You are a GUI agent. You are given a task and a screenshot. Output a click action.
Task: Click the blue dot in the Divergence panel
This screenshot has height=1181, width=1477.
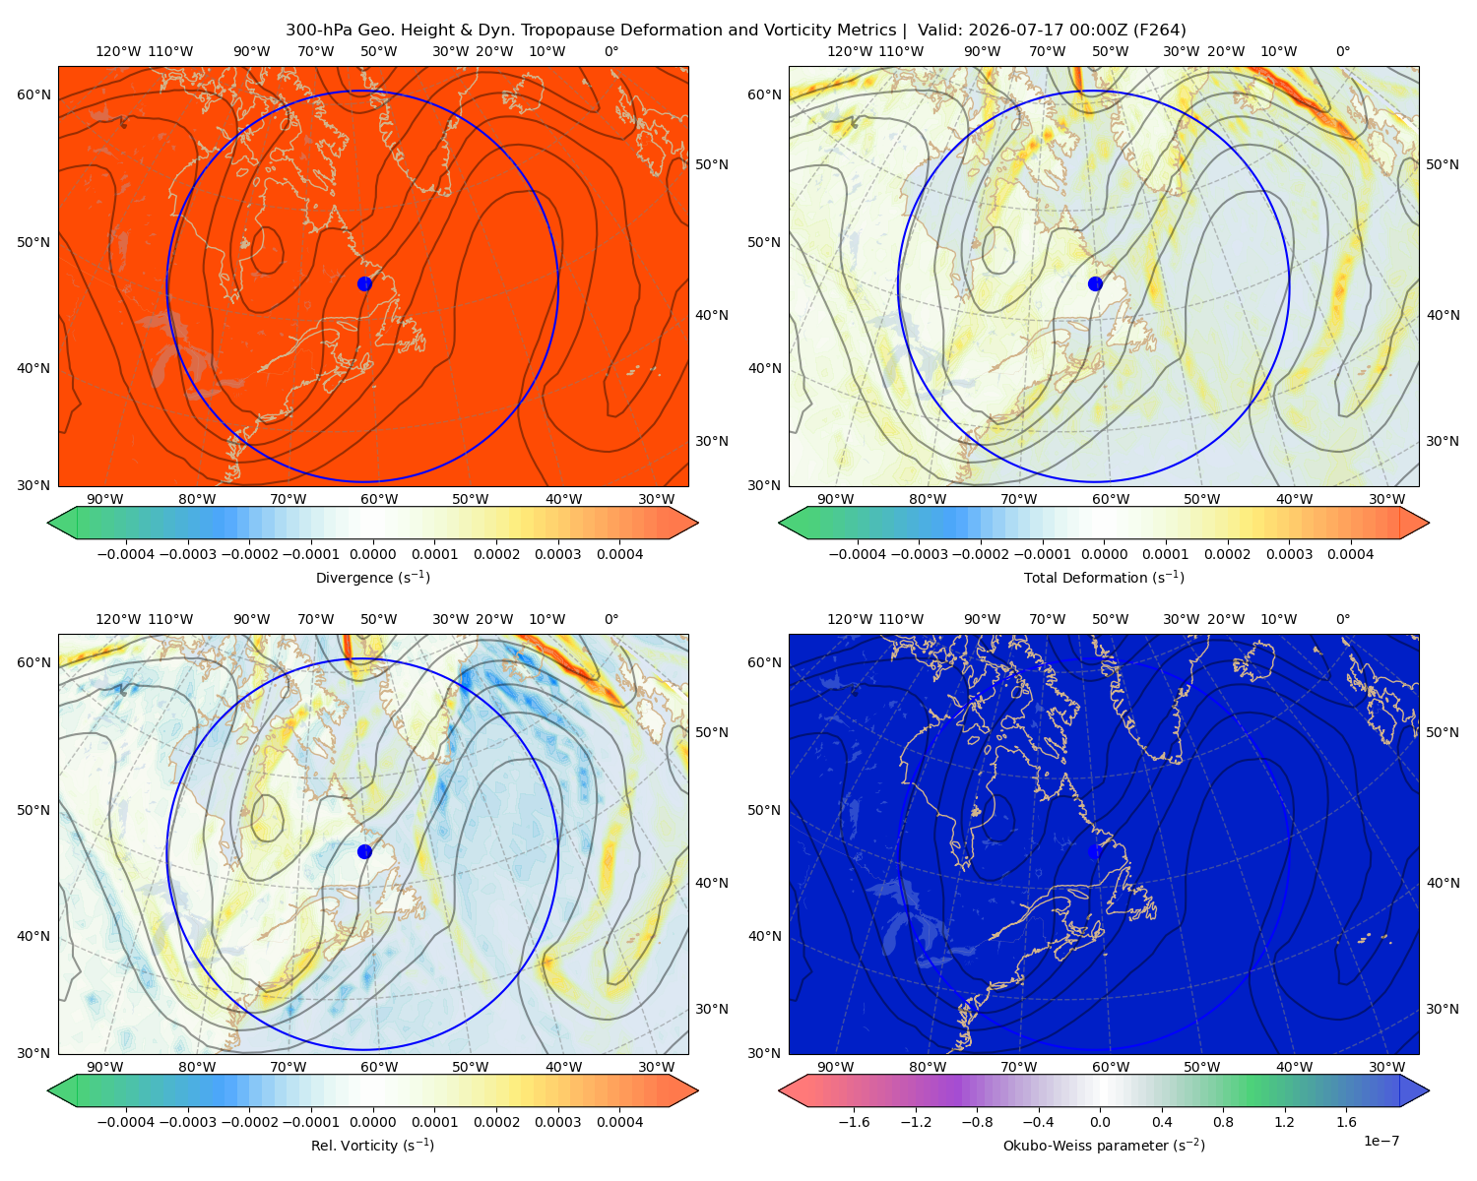point(364,283)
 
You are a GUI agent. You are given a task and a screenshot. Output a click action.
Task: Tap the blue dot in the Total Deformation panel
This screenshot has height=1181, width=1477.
point(1095,283)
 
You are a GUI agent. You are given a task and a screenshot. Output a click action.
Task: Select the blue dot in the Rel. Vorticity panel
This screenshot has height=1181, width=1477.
point(364,851)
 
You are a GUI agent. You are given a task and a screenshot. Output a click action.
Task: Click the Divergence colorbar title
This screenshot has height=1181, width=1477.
point(372,577)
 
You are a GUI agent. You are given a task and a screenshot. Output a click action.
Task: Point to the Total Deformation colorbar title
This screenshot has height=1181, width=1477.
point(1104,577)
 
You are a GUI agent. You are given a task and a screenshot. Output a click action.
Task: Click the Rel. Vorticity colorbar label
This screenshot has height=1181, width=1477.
point(372,1145)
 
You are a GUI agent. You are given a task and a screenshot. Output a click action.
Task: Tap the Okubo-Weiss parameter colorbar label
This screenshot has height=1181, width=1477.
point(1104,1145)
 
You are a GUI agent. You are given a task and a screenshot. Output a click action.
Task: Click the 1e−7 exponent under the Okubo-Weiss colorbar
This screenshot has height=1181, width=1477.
point(1381,1141)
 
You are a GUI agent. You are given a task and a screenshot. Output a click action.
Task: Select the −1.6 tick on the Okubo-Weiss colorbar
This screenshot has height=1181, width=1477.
point(854,1121)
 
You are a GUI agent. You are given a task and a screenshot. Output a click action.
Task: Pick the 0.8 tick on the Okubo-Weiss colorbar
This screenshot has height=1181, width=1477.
point(1223,1121)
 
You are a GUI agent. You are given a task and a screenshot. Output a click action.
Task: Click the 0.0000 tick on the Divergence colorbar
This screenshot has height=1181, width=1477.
point(372,554)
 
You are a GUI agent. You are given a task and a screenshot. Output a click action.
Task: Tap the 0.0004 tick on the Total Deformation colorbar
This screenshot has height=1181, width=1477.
point(1350,554)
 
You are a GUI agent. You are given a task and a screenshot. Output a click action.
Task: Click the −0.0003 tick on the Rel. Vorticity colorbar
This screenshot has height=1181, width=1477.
point(187,1121)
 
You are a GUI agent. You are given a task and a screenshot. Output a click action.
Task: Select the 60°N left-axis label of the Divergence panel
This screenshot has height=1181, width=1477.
point(33,94)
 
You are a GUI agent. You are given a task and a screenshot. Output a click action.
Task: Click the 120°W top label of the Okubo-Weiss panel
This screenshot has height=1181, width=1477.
point(849,619)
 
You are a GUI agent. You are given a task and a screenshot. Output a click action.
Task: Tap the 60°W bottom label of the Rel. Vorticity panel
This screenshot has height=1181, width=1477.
point(379,1067)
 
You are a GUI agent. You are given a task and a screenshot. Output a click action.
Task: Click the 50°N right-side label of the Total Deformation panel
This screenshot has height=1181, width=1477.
point(1442,164)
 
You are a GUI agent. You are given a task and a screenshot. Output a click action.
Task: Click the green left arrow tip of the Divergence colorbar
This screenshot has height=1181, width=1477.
point(48,523)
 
